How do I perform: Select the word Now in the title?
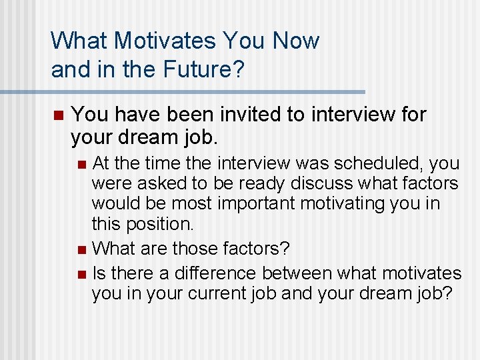click(x=295, y=41)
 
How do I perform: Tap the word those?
click(x=196, y=249)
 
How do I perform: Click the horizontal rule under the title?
click(x=207, y=91)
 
